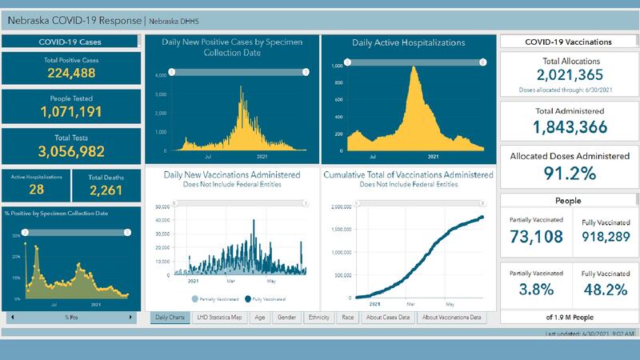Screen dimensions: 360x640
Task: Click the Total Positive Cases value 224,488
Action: (71, 74)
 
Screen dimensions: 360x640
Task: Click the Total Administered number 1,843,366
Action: (568, 126)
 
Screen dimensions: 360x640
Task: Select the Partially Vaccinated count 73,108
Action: (536, 237)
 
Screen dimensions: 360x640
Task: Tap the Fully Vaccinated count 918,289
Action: (605, 237)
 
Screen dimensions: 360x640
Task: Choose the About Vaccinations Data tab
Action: (452, 318)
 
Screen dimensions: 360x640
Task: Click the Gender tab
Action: (286, 318)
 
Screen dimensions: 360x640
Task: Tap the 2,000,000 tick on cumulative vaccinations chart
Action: (339, 206)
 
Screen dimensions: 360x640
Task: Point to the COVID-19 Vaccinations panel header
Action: (568, 42)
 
